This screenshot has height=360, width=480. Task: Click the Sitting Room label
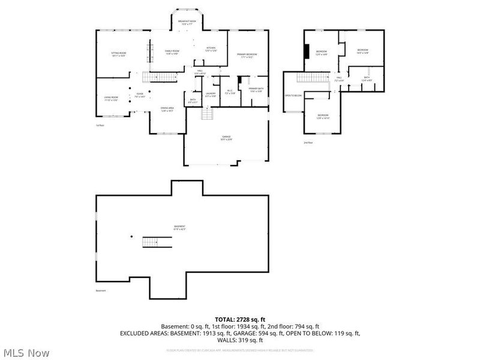pos(118,54)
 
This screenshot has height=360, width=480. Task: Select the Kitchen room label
pos(211,49)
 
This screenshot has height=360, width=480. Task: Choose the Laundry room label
pos(211,94)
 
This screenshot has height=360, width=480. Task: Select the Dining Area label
pos(166,110)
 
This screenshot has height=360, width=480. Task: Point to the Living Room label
pos(111,98)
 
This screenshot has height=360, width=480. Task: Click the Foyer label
pos(139,95)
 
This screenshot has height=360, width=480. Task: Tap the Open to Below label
pos(293,95)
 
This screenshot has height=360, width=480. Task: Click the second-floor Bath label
pos(366,79)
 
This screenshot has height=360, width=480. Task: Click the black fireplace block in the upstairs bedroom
pos(306,52)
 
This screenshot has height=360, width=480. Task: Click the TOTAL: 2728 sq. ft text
pos(239,319)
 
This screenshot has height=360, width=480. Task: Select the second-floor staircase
pos(311,78)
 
